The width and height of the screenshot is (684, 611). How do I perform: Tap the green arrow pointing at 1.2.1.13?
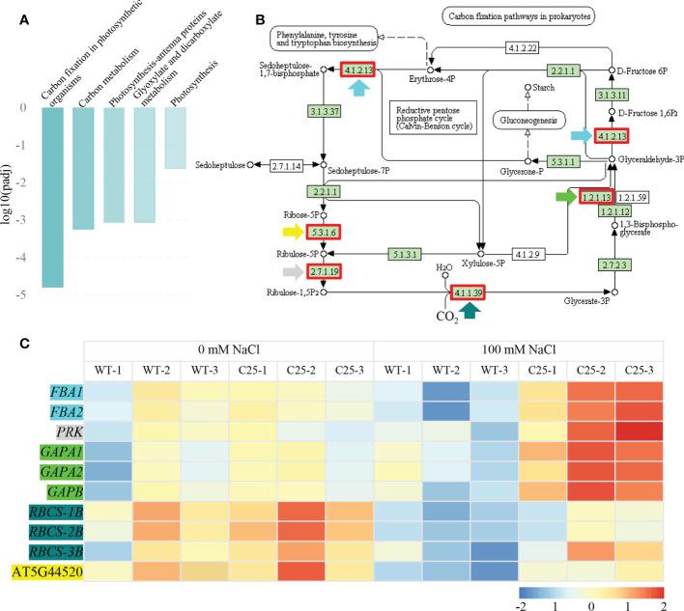pos(565,197)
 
